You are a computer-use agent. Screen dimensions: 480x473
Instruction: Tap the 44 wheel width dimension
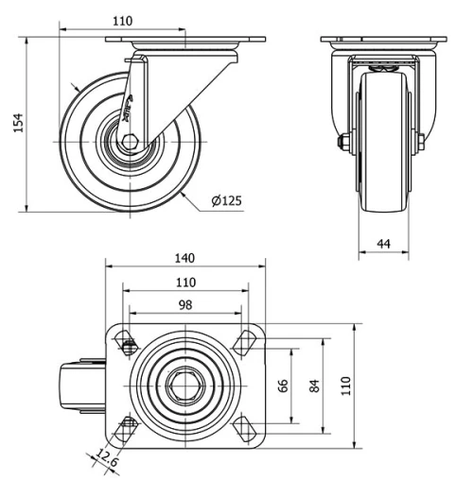(x=383, y=244)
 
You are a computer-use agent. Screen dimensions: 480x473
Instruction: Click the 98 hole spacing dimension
(x=184, y=303)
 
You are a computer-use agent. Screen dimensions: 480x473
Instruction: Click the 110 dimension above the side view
(x=121, y=20)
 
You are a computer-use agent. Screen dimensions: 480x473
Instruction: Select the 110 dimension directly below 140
(x=184, y=282)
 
